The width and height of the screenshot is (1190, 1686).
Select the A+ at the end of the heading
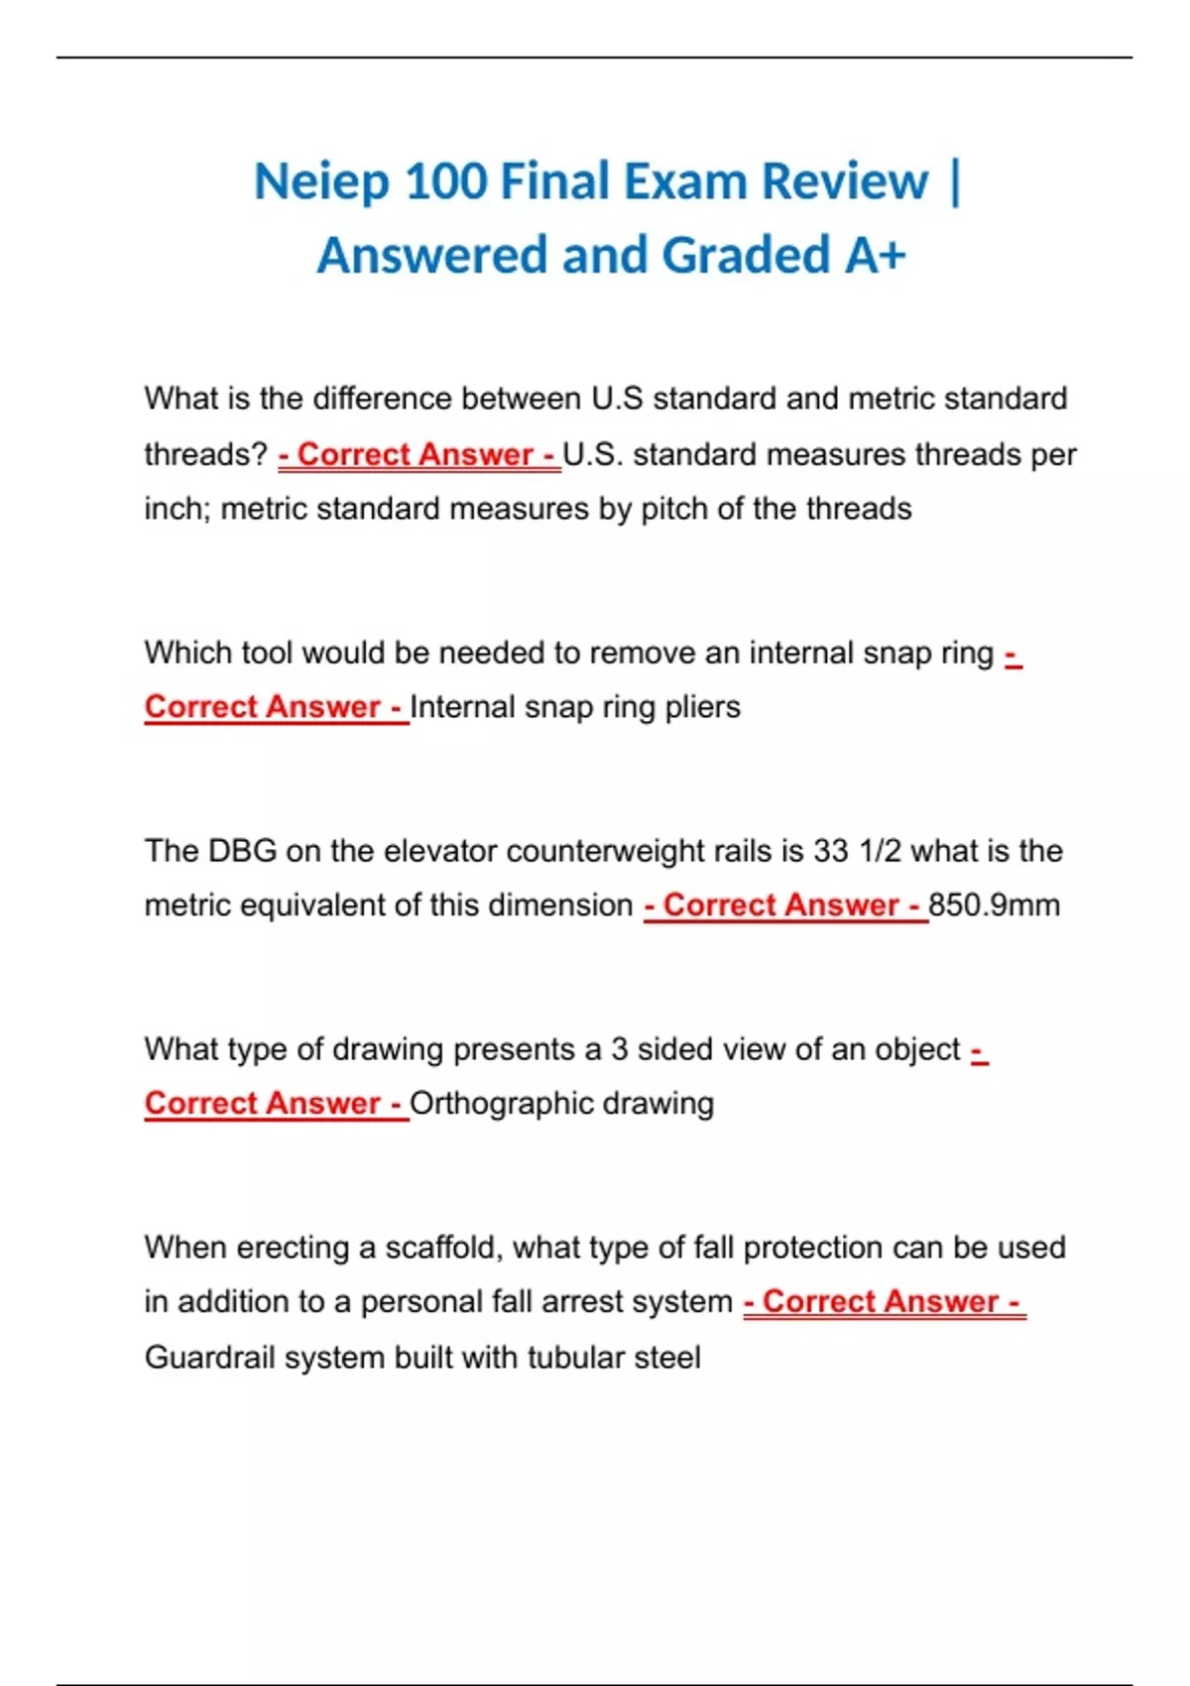[x=876, y=256]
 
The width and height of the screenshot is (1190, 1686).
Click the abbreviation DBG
[x=241, y=851]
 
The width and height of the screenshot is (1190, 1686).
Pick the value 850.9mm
[x=995, y=905]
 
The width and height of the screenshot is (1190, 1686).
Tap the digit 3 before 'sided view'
[x=619, y=1049]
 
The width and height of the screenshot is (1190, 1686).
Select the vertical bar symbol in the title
[x=955, y=183]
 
